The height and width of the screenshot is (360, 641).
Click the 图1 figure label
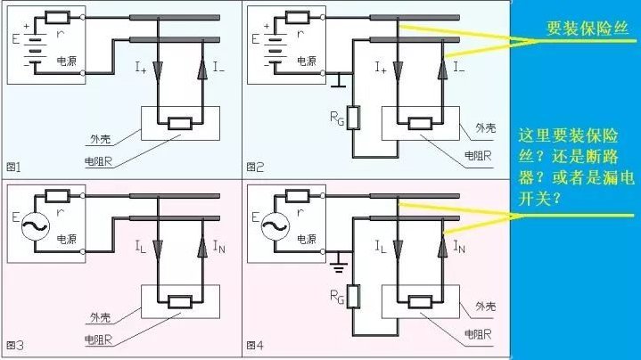(x=13, y=167)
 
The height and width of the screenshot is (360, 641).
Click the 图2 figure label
(x=255, y=167)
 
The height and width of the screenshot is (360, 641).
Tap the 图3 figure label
(x=15, y=345)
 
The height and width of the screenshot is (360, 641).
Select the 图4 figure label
(x=255, y=345)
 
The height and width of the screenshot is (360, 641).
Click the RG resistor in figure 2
(x=353, y=118)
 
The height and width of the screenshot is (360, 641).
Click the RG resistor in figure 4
(x=353, y=296)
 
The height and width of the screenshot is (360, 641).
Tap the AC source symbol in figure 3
(x=35, y=226)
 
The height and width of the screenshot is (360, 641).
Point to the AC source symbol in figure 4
(x=275, y=226)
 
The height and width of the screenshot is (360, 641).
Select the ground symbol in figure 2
(x=339, y=80)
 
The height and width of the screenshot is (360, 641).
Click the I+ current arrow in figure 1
(x=158, y=70)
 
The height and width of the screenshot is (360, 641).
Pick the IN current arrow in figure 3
(x=202, y=248)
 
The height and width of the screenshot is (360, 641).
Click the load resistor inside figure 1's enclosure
(x=180, y=123)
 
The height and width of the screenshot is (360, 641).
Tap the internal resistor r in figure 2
(x=297, y=18)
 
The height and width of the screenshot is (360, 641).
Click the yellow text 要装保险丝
(x=587, y=29)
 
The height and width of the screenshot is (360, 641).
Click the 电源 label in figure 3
(x=66, y=239)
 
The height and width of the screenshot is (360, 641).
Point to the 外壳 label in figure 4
(x=485, y=306)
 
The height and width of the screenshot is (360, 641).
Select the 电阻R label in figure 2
(x=478, y=156)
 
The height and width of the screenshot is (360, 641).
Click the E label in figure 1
(x=15, y=39)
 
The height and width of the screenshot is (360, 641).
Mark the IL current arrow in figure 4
(x=398, y=249)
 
